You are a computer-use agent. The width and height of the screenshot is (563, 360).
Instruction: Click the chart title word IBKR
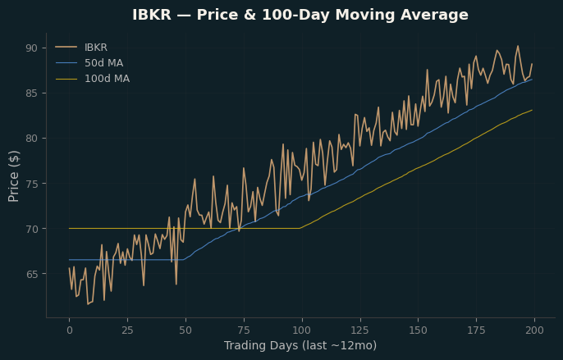click(152, 15)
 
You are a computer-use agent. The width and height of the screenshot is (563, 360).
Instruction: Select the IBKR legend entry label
click(96, 48)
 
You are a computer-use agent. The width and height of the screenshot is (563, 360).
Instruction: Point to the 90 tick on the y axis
click(31, 48)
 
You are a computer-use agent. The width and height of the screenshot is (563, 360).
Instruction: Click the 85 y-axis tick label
click(31, 93)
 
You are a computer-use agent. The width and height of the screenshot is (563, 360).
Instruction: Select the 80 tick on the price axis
click(31, 139)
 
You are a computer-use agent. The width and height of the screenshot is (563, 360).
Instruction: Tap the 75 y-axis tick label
click(31, 184)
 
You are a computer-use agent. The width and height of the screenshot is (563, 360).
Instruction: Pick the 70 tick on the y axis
click(31, 229)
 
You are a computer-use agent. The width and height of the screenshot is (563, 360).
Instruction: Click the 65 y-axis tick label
click(31, 274)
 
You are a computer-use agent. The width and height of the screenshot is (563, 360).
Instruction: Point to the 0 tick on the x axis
click(69, 330)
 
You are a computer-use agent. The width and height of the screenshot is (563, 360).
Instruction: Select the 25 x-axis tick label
click(127, 330)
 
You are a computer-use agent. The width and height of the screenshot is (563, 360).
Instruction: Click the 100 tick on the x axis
click(302, 330)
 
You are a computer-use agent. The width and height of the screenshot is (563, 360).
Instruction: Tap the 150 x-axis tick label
click(419, 330)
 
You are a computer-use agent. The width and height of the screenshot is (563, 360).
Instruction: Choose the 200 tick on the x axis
click(534, 330)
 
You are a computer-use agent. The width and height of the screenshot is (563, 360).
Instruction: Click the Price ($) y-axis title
click(14, 176)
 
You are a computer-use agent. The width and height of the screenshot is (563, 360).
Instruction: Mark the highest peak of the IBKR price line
click(518, 46)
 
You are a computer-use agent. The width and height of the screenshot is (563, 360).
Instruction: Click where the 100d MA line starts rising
click(300, 228)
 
